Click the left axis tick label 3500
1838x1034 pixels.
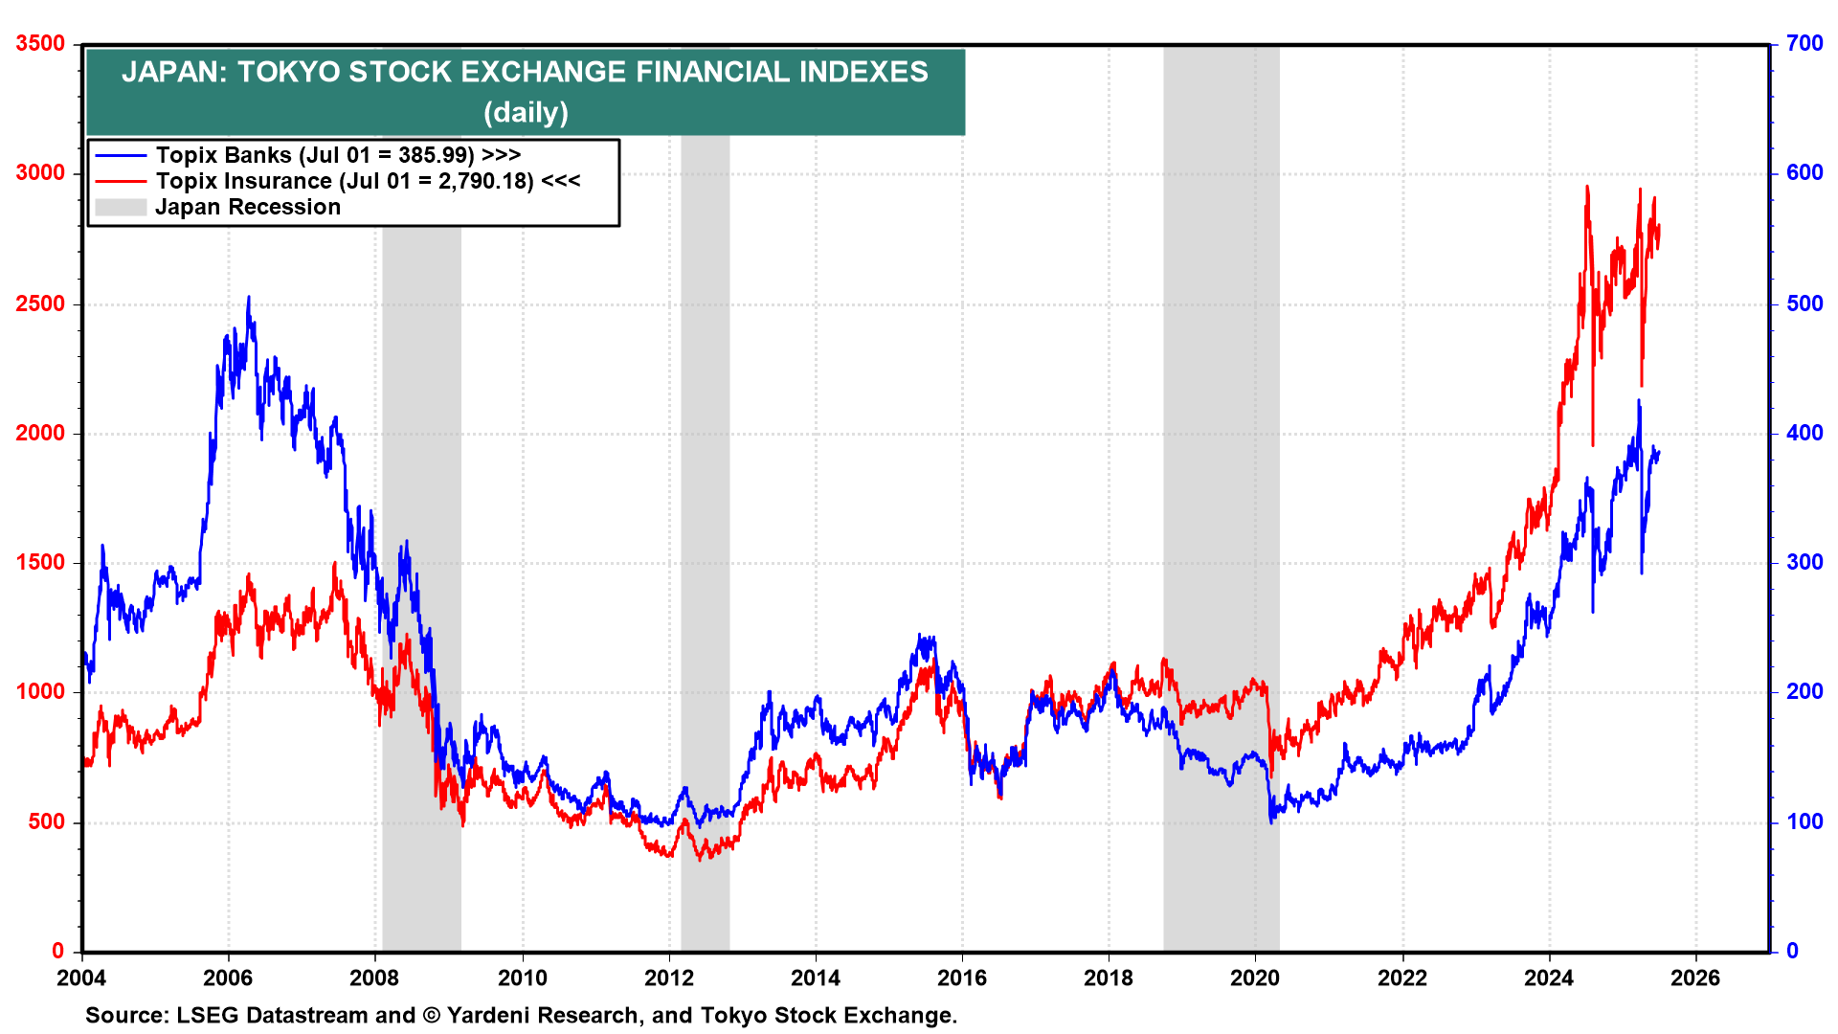point(40,44)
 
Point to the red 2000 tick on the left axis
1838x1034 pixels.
point(40,433)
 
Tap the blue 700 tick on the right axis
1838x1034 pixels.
point(1804,44)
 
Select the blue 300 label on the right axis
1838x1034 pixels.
point(1804,562)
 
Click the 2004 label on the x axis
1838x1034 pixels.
point(81,978)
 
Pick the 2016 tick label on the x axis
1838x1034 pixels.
point(962,978)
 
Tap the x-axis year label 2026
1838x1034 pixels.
point(1695,978)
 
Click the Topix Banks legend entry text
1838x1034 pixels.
point(338,155)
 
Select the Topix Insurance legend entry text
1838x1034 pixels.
point(368,181)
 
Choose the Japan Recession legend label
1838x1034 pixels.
point(248,207)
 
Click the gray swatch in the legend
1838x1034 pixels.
point(121,207)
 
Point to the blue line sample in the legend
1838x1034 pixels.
point(121,155)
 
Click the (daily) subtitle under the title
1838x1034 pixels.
point(526,113)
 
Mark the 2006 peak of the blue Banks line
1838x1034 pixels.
point(249,298)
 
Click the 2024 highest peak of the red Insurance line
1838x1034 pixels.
point(1587,188)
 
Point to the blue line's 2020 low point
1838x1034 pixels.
point(1271,821)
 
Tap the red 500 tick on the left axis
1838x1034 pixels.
point(46,821)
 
